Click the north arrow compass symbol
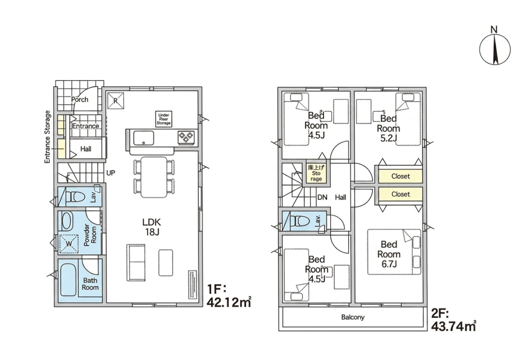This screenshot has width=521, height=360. [x=495, y=50]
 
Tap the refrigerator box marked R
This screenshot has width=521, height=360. [x=115, y=100]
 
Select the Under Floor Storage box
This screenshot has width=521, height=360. [x=163, y=119]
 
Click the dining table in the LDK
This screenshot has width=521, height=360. [x=154, y=177]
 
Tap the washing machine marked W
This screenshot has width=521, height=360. [x=69, y=243]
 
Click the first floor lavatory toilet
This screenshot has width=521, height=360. [x=75, y=197]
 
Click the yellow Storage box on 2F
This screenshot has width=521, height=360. [x=316, y=173]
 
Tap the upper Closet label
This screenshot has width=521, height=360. [x=400, y=176]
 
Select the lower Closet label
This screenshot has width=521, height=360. [x=400, y=194]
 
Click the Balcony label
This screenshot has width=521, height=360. [x=353, y=317]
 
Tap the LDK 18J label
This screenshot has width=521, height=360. [x=152, y=227]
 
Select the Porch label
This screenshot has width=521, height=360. [x=80, y=99]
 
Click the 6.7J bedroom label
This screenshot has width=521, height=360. [x=389, y=254]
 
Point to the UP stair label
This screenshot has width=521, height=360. [x=111, y=173]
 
